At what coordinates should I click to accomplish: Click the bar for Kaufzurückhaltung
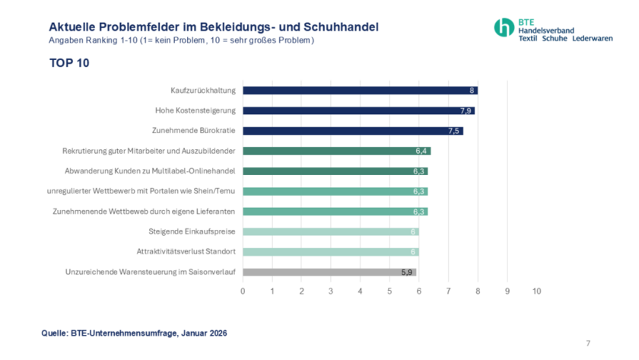359,91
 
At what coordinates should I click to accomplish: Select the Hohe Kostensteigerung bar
358,110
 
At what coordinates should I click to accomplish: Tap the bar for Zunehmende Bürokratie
352,131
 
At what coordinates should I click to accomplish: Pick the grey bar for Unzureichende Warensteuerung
329,272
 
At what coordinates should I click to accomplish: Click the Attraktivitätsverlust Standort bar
330,252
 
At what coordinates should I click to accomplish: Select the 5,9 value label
408,272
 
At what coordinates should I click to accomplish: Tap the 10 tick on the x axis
536,292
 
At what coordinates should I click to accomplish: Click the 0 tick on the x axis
243,292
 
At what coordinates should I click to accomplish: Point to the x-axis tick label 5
389,292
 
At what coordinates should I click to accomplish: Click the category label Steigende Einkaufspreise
192,231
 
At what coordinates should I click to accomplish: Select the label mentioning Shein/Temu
142,191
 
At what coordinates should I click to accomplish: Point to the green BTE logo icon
504,27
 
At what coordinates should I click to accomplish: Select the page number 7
588,343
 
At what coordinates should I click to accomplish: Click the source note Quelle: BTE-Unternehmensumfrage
134,333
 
